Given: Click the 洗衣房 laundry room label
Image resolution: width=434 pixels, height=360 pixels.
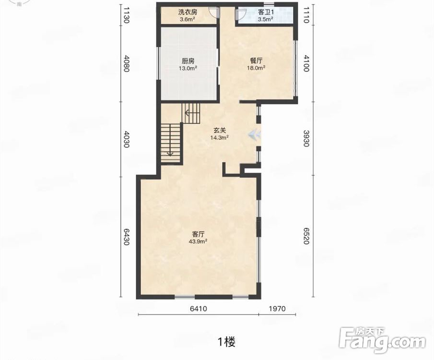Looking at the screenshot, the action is [x=188, y=12].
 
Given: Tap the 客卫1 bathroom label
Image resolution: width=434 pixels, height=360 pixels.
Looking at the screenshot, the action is [x=266, y=12].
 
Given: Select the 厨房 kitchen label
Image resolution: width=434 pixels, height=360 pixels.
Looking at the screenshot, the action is [x=188, y=61].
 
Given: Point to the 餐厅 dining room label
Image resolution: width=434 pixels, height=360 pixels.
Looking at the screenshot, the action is [x=256, y=60].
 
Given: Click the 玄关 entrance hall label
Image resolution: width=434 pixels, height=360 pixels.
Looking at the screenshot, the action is [x=220, y=130].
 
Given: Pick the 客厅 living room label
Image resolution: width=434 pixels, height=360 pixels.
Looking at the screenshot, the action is [x=198, y=234].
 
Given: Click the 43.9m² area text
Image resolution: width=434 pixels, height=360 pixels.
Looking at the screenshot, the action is [x=198, y=241].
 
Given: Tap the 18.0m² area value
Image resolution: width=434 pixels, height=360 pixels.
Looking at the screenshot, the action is [x=256, y=68].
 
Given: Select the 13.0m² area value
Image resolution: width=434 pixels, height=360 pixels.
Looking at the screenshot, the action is [x=188, y=68].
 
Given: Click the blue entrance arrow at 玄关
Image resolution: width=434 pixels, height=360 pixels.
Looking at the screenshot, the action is [x=254, y=135].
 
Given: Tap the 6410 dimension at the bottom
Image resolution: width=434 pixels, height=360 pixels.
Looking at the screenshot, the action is [x=198, y=309].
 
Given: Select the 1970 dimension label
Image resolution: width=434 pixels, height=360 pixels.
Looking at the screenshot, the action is [x=277, y=309].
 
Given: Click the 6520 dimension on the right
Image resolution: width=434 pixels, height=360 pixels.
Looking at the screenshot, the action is [x=306, y=236].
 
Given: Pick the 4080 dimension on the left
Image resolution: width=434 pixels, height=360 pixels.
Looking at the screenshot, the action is [x=126, y=63].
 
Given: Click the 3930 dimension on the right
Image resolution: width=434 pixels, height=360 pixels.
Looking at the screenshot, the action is [x=306, y=138].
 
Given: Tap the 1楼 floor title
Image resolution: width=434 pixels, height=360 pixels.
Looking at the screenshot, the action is [x=227, y=342].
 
